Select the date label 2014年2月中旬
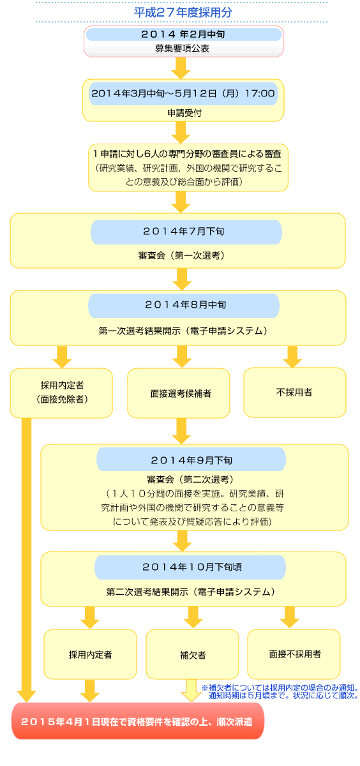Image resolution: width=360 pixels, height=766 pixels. [x=183, y=34]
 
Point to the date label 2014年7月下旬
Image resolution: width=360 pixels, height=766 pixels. [x=186, y=232]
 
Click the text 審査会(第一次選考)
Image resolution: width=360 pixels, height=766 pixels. [x=181, y=255]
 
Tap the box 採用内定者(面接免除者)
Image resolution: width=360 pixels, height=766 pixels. [x=62, y=393]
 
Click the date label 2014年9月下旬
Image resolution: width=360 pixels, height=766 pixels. [x=191, y=460]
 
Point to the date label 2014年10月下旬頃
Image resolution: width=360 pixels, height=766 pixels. [x=191, y=566]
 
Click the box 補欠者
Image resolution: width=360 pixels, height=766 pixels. [x=192, y=655]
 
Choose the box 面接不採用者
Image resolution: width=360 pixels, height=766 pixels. [x=294, y=654]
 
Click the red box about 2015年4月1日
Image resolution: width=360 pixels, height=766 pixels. [x=138, y=721]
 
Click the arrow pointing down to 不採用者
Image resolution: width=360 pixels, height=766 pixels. [x=292, y=356]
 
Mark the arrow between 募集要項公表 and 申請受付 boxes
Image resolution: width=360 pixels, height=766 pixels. [x=182, y=66]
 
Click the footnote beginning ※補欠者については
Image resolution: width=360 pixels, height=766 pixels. [x=280, y=692]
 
